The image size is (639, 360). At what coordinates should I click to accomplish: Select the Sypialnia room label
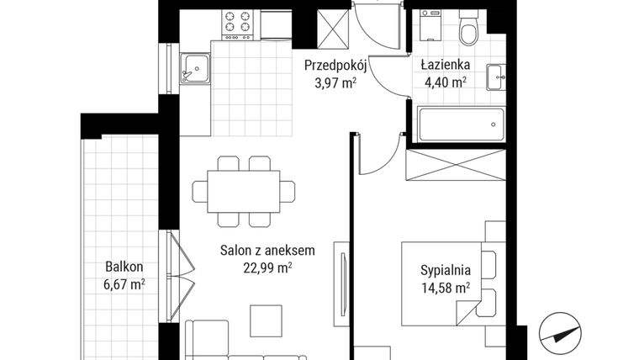(x=445, y=271)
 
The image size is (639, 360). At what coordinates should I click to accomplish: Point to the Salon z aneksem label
(x=267, y=250)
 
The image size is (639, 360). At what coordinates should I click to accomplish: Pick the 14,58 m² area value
(x=445, y=289)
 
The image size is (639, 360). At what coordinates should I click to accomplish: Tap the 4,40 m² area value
(x=446, y=82)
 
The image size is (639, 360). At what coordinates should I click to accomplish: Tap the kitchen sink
(x=195, y=66)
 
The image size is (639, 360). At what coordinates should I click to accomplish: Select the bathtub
(x=460, y=124)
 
